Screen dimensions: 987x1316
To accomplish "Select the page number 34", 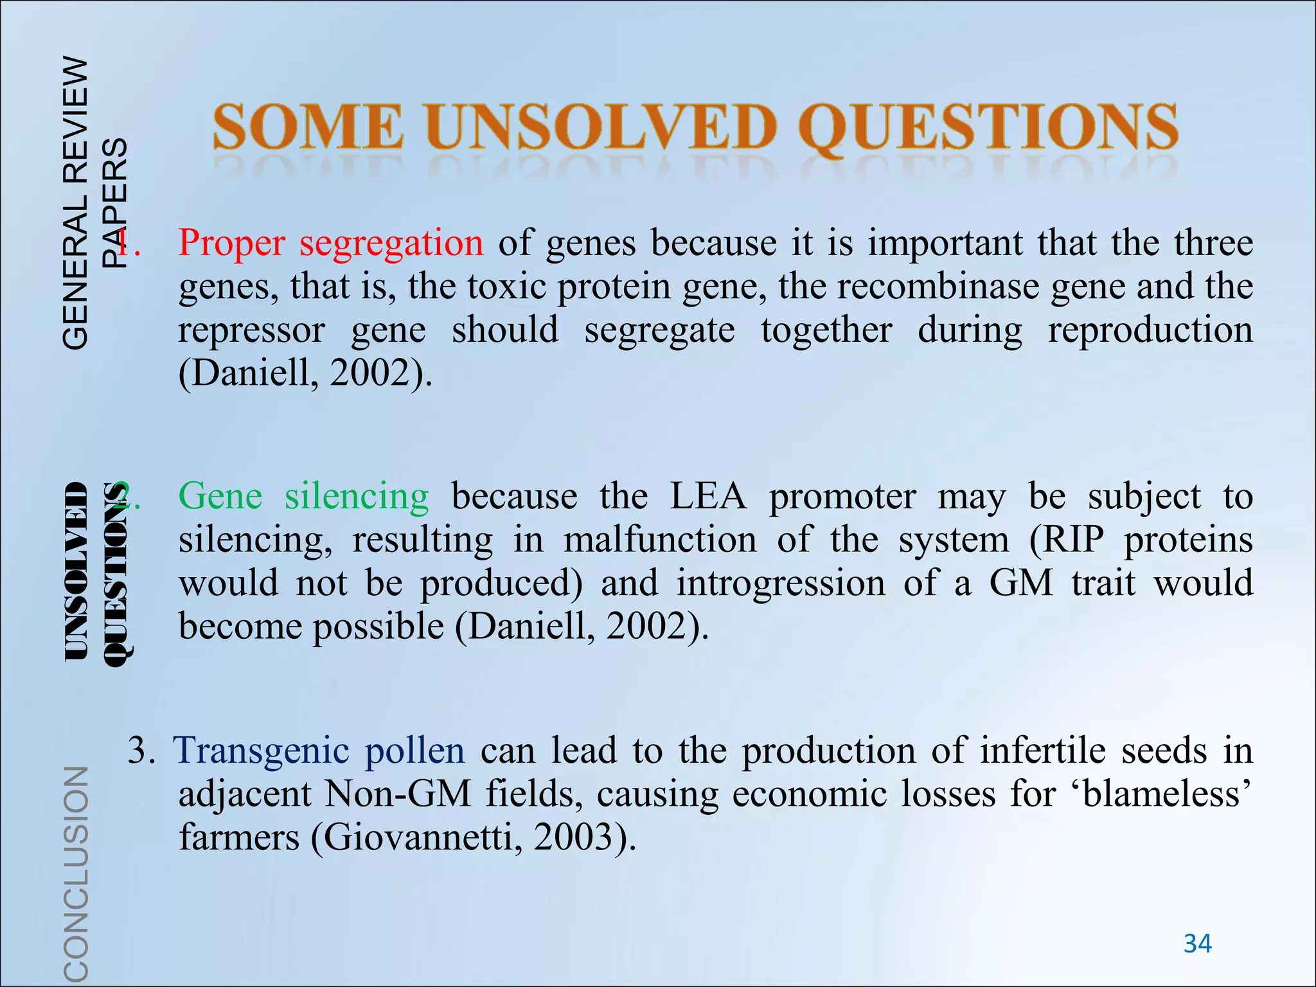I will pyautogui.click(x=1197, y=944).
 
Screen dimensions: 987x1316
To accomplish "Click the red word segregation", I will pyautogui.click(x=391, y=244).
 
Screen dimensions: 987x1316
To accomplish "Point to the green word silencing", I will pyautogui.click(x=357, y=497).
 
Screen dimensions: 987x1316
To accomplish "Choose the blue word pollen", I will pyautogui.click(x=414, y=750).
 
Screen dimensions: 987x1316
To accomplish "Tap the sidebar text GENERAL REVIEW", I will pyautogui.click(x=76, y=202).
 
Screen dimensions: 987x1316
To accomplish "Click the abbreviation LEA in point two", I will pyautogui.click(x=708, y=497).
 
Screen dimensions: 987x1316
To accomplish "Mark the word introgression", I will pyautogui.click(x=782, y=583).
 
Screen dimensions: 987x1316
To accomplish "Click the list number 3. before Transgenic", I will pyautogui.click(x=141, y=750).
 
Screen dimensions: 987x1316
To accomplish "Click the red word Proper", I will pyautogui.click(x=231, y=244).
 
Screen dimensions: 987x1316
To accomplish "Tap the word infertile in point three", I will pyautogui.click(x=1044, y=750).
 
